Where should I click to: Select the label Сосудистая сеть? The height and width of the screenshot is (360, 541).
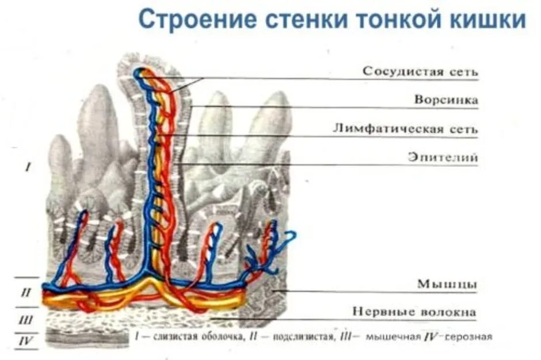coord(420,72)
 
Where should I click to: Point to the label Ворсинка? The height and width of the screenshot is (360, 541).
coord(446,100)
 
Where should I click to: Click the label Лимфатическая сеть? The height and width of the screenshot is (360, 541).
coord(405,129)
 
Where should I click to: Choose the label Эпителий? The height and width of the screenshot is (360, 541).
coord(443,157)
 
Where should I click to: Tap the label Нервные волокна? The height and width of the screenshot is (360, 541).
coord(414,312)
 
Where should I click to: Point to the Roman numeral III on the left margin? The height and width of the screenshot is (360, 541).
coord(25,319)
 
